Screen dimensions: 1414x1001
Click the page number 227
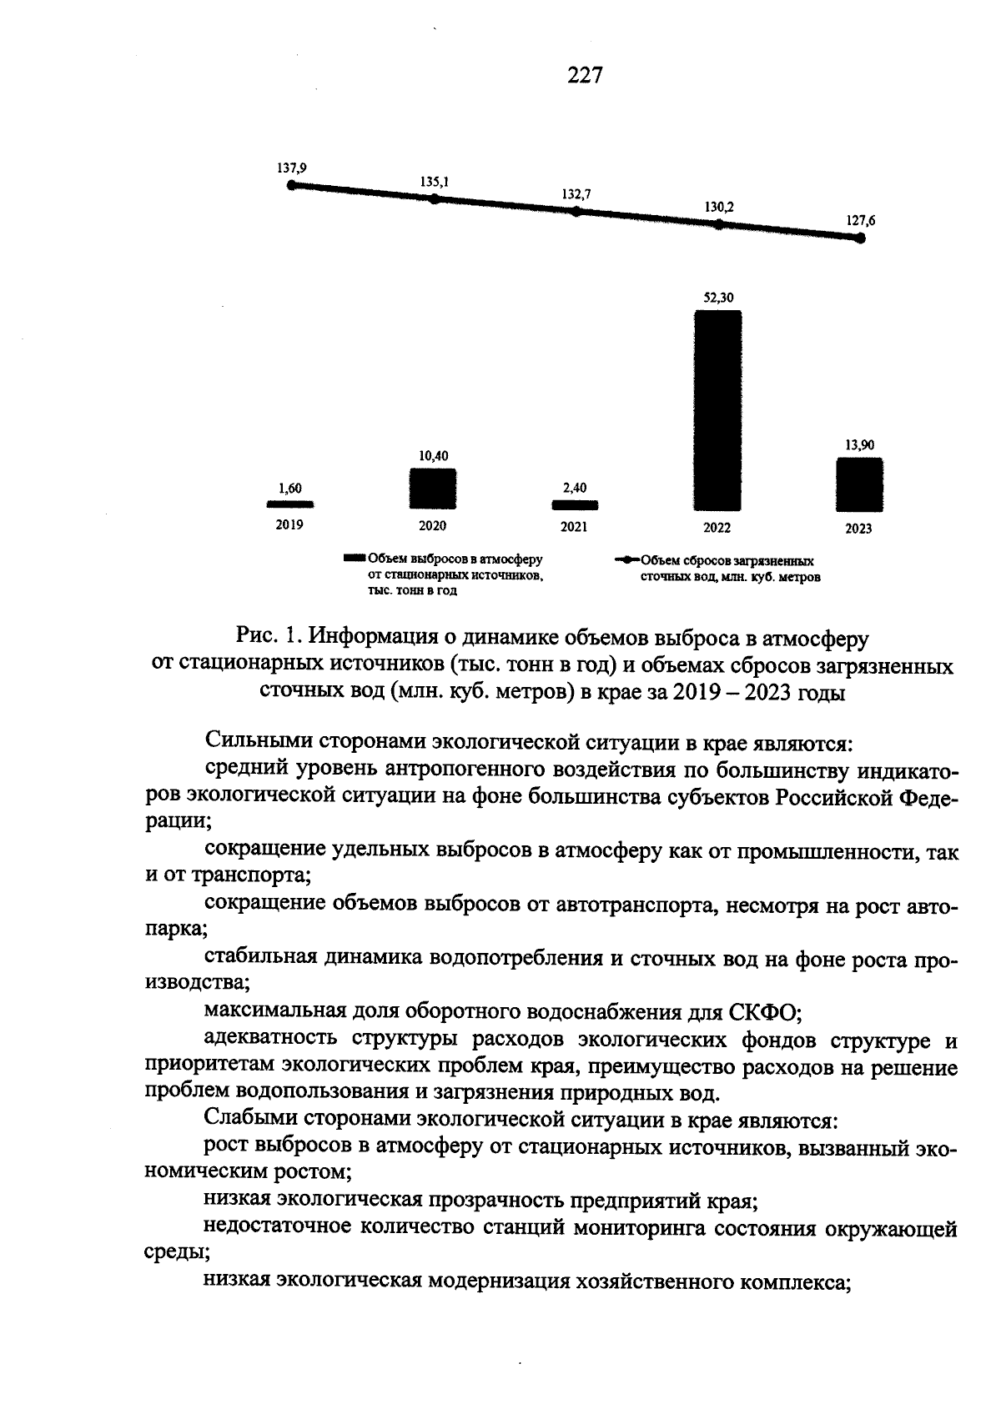point(584,76)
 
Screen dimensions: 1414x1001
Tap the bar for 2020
point(432,489)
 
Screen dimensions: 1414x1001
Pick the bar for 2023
point(859,484)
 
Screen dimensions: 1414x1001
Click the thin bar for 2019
point(289,504)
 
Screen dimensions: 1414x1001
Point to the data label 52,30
point(718,297)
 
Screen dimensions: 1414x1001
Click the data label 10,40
point(433,455)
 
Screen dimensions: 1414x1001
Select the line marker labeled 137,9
point(291,185)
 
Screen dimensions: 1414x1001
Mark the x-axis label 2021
point(574,527)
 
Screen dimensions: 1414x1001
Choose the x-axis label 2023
point(858,529)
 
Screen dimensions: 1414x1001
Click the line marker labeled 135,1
point(433,198)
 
